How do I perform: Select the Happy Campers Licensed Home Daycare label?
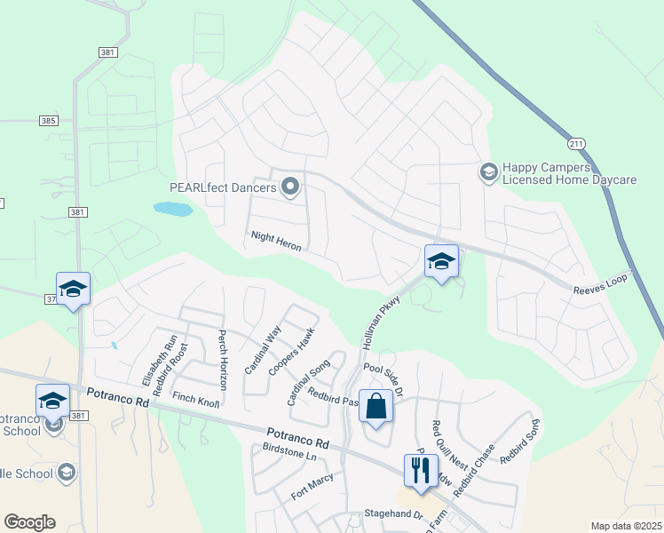(569, 173)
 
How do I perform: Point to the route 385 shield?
(49, 120)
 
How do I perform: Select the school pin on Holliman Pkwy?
(441, 260)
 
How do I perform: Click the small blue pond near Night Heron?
(172, 209)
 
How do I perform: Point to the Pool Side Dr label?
(383, 378)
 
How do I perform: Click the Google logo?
(29, 522)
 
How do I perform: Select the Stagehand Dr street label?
(391, 514)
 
